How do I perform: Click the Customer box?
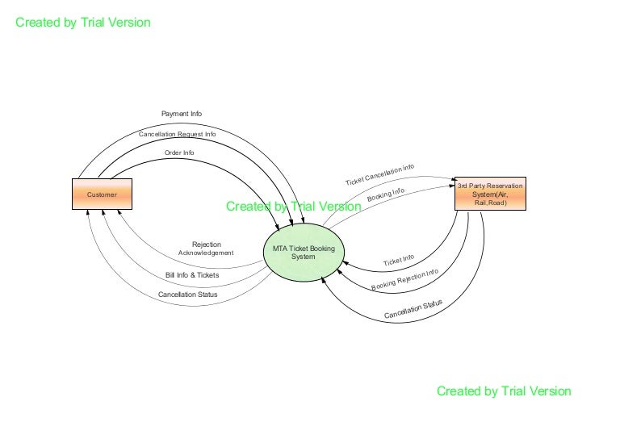click(102, 194)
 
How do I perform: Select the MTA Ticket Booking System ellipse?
click(304, 253)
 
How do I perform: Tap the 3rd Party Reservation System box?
click(489, 194)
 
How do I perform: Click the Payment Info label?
click(182, 114)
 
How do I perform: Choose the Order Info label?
click(179, 152)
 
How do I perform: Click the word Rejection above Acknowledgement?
click(206, 245)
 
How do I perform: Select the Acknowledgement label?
click(206, 253)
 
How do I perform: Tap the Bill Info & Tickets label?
click(192, 275)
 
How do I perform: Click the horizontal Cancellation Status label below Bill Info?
click(188, 295)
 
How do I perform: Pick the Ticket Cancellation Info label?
click(379, 174)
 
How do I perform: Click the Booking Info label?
click(386, 195)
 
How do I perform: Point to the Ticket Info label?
click(399, 261)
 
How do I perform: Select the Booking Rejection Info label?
click(405, 280)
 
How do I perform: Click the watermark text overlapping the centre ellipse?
click(294, 207)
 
